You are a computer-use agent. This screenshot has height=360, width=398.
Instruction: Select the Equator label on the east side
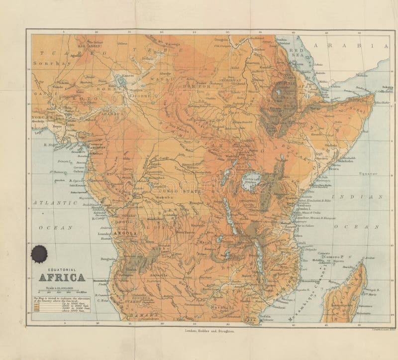(x=369, y=175)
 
